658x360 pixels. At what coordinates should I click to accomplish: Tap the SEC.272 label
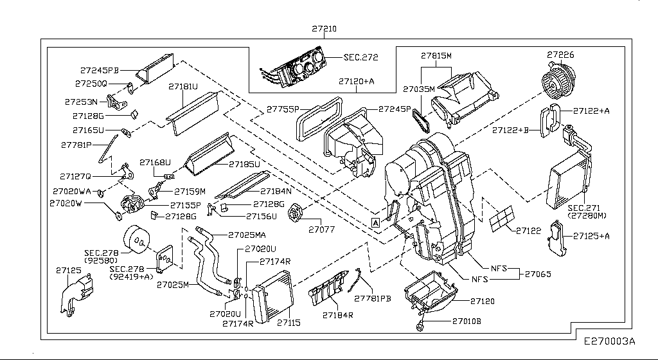pos(360,57)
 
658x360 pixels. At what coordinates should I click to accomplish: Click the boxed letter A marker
pos(375,222)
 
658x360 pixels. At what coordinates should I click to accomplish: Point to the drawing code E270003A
pos(609,341)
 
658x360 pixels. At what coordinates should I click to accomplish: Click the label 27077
pos(321,229)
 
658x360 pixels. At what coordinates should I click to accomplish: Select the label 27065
pos(539,274)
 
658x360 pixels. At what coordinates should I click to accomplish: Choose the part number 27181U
pos(183,85)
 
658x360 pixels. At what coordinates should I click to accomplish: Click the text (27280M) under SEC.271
pos(588,216)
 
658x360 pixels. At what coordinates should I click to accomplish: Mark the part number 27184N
pos(276,191)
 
